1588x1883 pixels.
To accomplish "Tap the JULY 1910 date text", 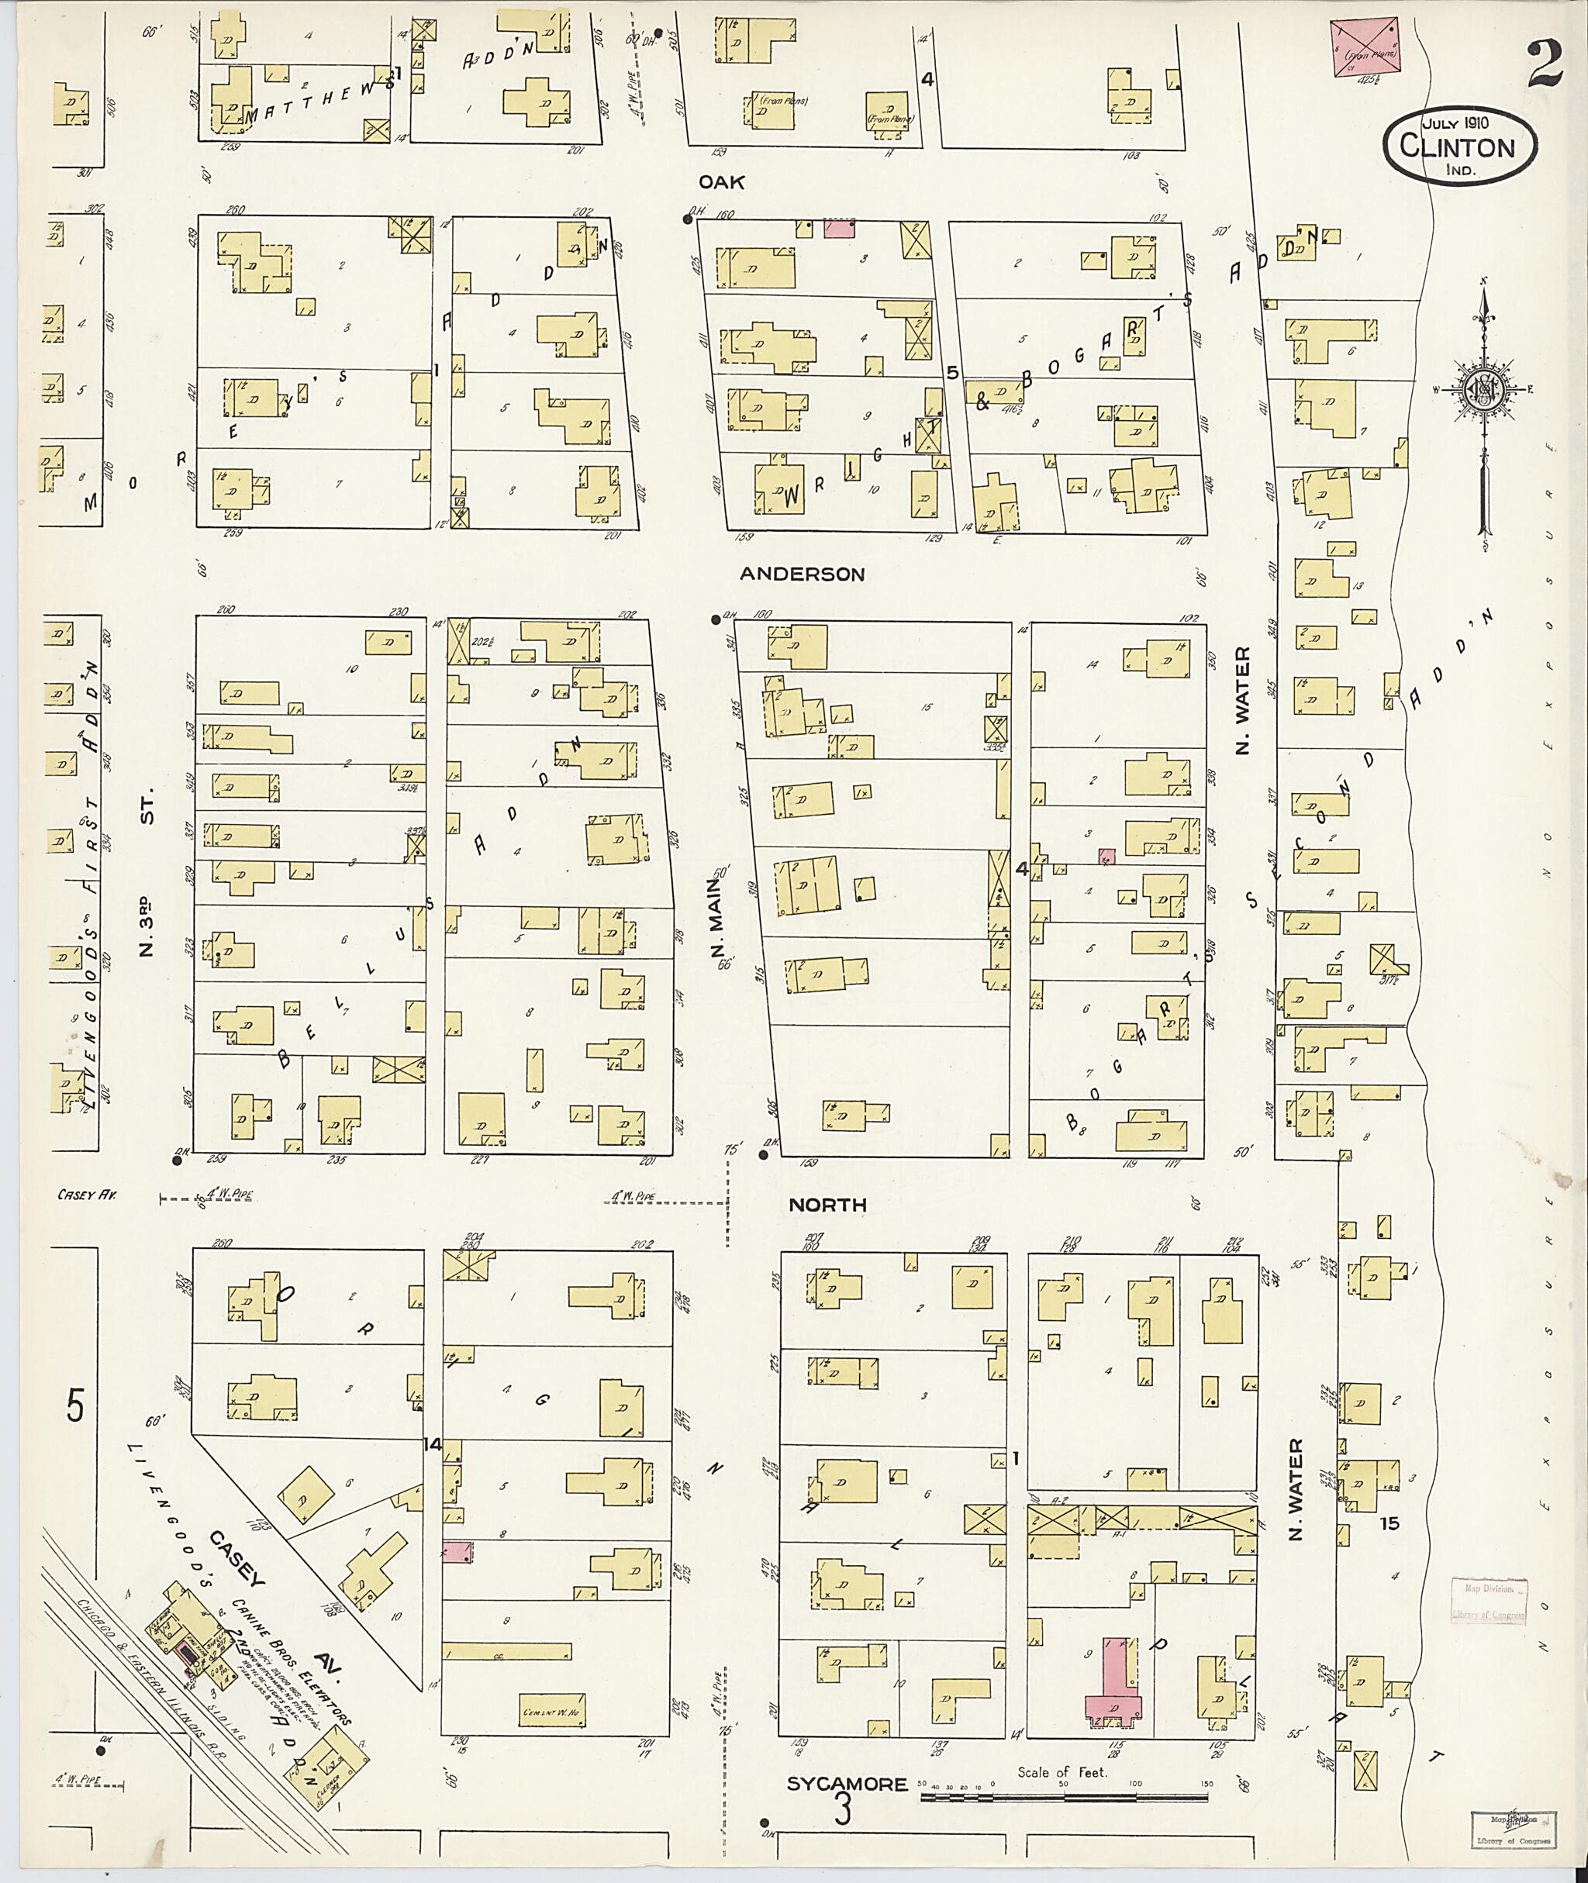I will tap(1455, 122).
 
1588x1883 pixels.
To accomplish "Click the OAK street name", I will tap(722, 183).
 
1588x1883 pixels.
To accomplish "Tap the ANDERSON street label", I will tap(802, 574).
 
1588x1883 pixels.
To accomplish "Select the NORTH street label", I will tap(827, 1205).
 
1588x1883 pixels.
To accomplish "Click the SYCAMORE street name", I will tap(846, 1784).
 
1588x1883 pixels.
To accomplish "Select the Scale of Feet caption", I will tap(1062, 1771).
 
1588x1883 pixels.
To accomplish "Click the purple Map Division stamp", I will tap(1489, 1602).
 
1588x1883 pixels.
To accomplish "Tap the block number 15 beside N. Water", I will tap(1391, 1524).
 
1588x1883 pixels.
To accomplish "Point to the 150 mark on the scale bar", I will tap(1207, 1783).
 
